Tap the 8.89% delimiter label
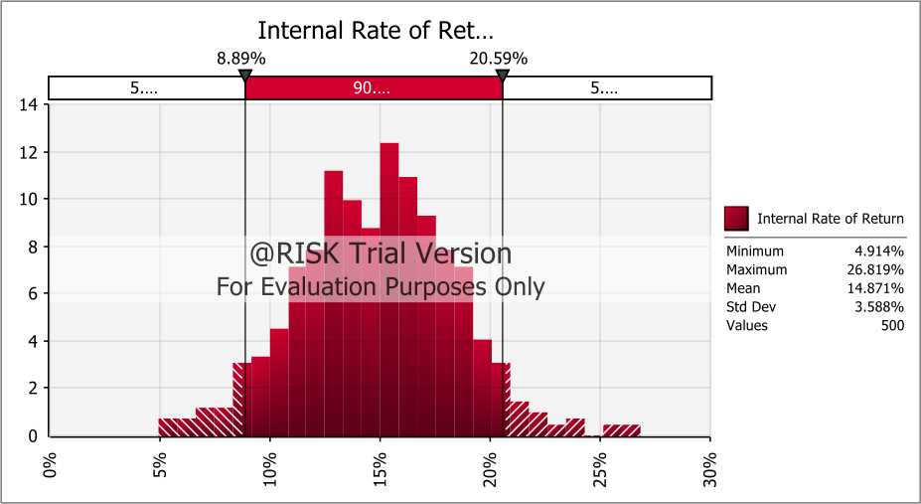(241, 59)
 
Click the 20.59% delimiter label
(499, 59)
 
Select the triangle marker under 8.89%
(244, 76)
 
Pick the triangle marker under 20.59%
(503, 76)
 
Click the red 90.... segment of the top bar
(374, 88)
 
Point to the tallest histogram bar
(389, 288)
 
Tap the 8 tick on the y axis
(32, 246)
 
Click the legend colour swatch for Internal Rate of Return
(736, 219)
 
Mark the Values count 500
(891, 325)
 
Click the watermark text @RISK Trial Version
(381, 254)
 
